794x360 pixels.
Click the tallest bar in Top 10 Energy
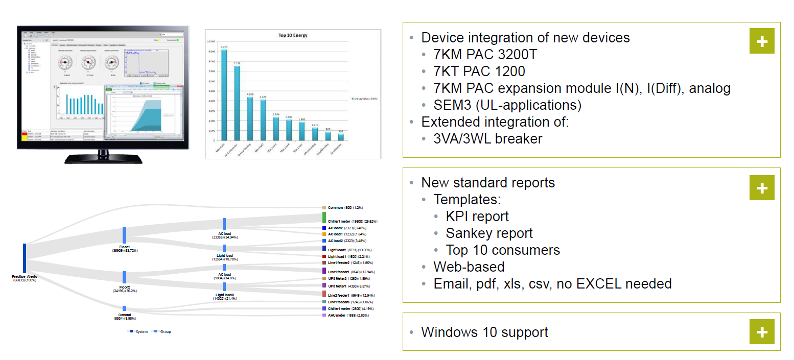pyautogui.click(x=224, y=94)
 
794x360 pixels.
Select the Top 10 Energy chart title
pyautogui.click(x=293, y=36)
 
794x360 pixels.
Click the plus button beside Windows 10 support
pyautogui.click(x=762, y=332)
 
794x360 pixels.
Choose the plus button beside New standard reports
pyautogui.click(x=762, y=188)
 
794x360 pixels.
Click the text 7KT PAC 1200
pyautogui.click(x=479, y=71)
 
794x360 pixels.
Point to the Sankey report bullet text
pyautogui.click(x=489, y=233)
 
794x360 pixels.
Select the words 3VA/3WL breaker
pyautogui.click(x=488, y=138)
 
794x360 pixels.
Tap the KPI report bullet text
pyautogui.click(x=477, y=217)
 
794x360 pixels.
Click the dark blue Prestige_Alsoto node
pyautogui.click(x=25, y=258)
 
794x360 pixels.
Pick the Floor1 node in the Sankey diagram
pyautogui.click(x=124, y=235)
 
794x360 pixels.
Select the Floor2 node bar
pyautogui.click(x=124, y=277)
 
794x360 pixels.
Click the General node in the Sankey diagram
pyautogui.click(x=124, y=308)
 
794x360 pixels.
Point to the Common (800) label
pyautogui.click(x=339, y=208)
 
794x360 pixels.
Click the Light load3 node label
pyautogui.click(x=224, y=296)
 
